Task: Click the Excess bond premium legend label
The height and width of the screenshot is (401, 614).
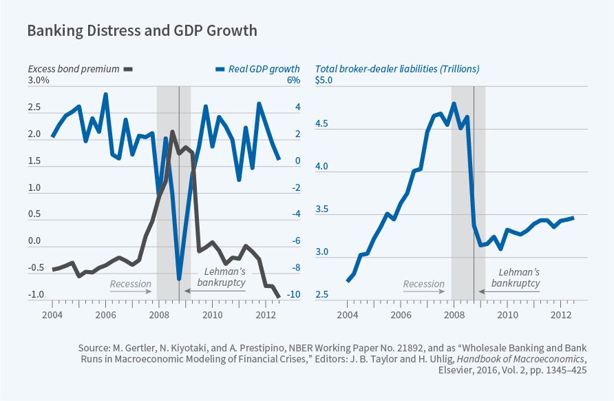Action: [x=73, y=68]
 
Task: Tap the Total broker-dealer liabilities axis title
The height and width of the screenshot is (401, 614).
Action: [x=397, y=68]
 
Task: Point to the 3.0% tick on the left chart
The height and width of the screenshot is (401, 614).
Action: [x=39, y=81]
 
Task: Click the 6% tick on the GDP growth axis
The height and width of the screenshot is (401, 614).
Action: [x=293, y=81]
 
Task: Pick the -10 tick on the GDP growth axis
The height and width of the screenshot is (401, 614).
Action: [x=293, y=295]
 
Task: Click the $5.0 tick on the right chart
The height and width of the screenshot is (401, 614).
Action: [x=324, y=81]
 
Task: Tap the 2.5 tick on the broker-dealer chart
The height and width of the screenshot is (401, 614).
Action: [x=323, y=295]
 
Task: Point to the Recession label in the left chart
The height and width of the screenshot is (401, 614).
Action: [x=130, y=283]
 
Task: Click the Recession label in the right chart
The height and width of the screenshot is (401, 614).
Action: [x=423, y=283]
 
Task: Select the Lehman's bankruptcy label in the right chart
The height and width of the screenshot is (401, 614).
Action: [x=514, y=277]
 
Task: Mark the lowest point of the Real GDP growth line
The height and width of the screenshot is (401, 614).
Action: [x=179, y=278]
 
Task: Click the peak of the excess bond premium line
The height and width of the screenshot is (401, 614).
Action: [x=172, y=132]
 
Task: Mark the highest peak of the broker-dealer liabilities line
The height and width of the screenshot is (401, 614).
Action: [x=454, y=103]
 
